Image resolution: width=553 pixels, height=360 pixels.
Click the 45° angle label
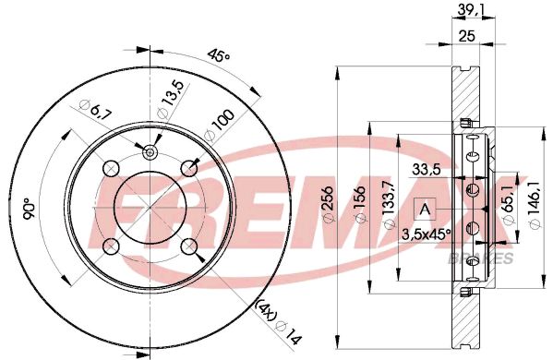coord(219,54)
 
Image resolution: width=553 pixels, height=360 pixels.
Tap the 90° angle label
coord(29,209)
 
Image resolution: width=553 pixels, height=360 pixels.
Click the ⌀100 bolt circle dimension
coord(220,126)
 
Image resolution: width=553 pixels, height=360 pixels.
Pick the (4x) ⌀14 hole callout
coord(279,322)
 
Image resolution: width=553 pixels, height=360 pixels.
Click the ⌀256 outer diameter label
coord(328,204)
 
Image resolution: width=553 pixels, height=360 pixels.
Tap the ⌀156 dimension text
coord(359,204)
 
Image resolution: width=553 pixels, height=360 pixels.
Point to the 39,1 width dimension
coord(471,10)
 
